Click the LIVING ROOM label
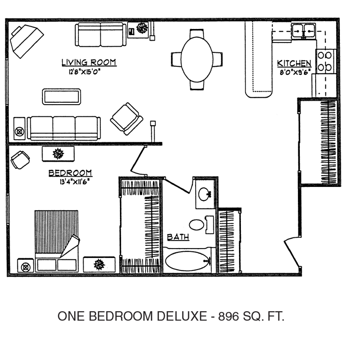point(89,63)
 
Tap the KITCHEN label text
point(294,64)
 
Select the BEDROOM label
point(70,173)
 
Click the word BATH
point(178,237)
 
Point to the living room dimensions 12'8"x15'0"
point(84,72)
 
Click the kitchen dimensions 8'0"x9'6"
point(295,72)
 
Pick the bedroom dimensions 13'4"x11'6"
point(74,182)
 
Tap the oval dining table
point(197,59)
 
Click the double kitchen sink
point(304,30)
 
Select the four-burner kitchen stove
point(325,61)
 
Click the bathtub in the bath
point(188,261)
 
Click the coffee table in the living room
point(62,97)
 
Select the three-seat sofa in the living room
point(64,128)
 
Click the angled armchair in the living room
point(127,119)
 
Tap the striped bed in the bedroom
point(56,241)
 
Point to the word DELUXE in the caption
point(182,316)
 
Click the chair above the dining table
point(197,33)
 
